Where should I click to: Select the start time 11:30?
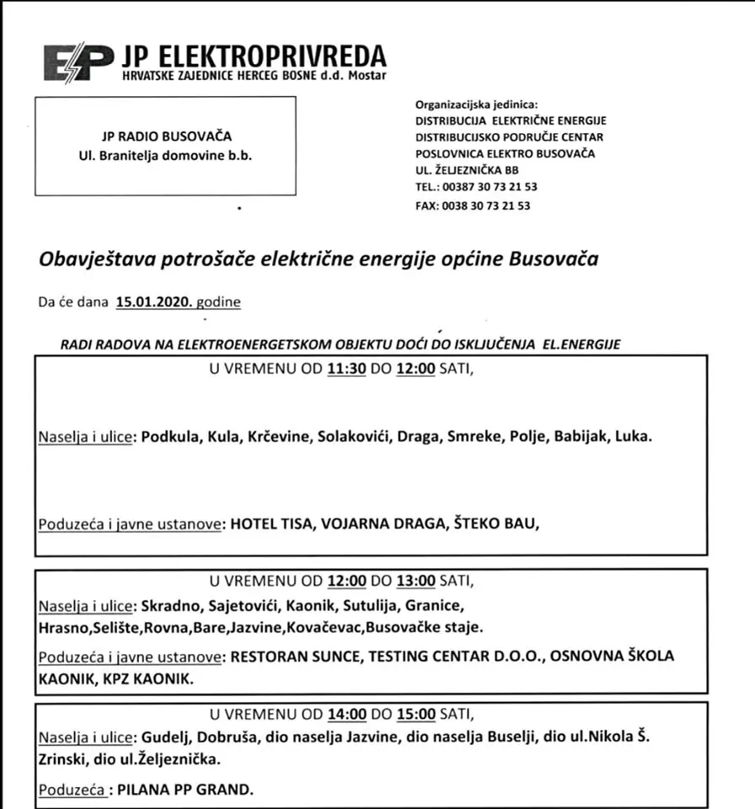coord(345,369)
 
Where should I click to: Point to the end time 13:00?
coord(416,581)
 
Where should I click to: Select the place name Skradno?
coord(169,605)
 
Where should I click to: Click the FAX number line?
coord(473,206)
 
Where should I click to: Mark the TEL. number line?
coord(476,187)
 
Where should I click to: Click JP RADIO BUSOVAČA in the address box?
coord(165,137)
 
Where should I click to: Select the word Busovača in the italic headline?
coord(554,259)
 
